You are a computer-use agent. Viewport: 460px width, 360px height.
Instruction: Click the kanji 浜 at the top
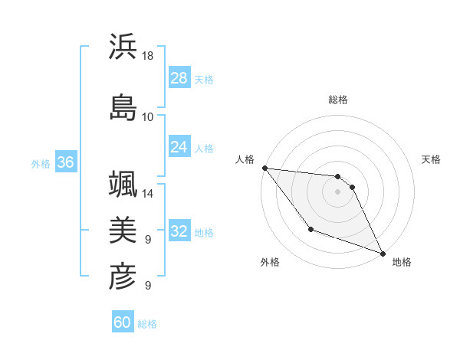point(123,47)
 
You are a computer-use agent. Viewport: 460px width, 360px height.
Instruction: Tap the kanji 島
point(123,107)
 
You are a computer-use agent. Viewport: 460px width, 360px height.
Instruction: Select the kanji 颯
point(123,185)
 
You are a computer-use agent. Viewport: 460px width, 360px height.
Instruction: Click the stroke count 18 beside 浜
point(148,56)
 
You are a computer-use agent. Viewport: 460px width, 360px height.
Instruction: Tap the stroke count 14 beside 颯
point(148,194)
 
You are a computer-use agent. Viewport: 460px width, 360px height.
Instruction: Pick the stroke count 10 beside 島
point(148,116)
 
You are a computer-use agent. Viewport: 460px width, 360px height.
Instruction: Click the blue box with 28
point(179,77)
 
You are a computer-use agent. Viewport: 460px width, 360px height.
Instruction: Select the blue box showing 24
point(179,146)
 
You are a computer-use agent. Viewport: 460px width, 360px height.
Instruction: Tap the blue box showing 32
point(179,231)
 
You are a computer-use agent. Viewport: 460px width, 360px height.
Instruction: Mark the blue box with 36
point(65,162)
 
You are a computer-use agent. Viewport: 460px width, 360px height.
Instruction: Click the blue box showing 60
point(123,322)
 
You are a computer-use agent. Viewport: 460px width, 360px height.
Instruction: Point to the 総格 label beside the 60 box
point(147,324)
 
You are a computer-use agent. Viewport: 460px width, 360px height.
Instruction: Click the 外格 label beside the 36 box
point(41,163)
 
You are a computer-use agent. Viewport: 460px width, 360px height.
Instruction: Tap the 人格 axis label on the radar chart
point(245,159)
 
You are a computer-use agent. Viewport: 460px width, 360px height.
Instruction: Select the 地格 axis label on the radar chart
point(402,262)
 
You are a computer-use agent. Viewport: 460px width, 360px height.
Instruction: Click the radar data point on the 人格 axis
point(264,168)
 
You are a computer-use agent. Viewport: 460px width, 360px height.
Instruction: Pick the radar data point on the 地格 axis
point(383,253)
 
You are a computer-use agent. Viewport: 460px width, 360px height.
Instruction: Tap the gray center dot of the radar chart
point(337,191)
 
